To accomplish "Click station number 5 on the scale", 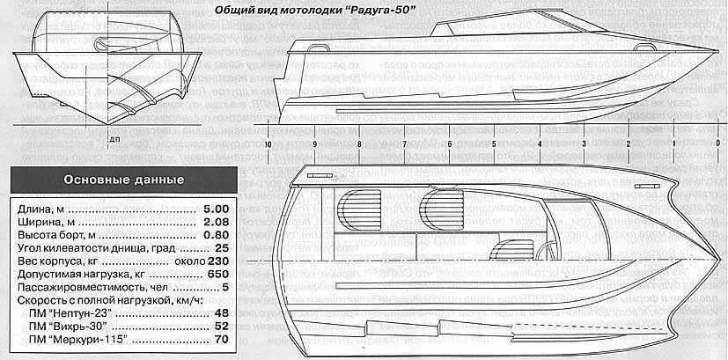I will pyautogui.click(x=495, y=143).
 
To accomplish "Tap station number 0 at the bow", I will pyautogui.click(x=718, y=143).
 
